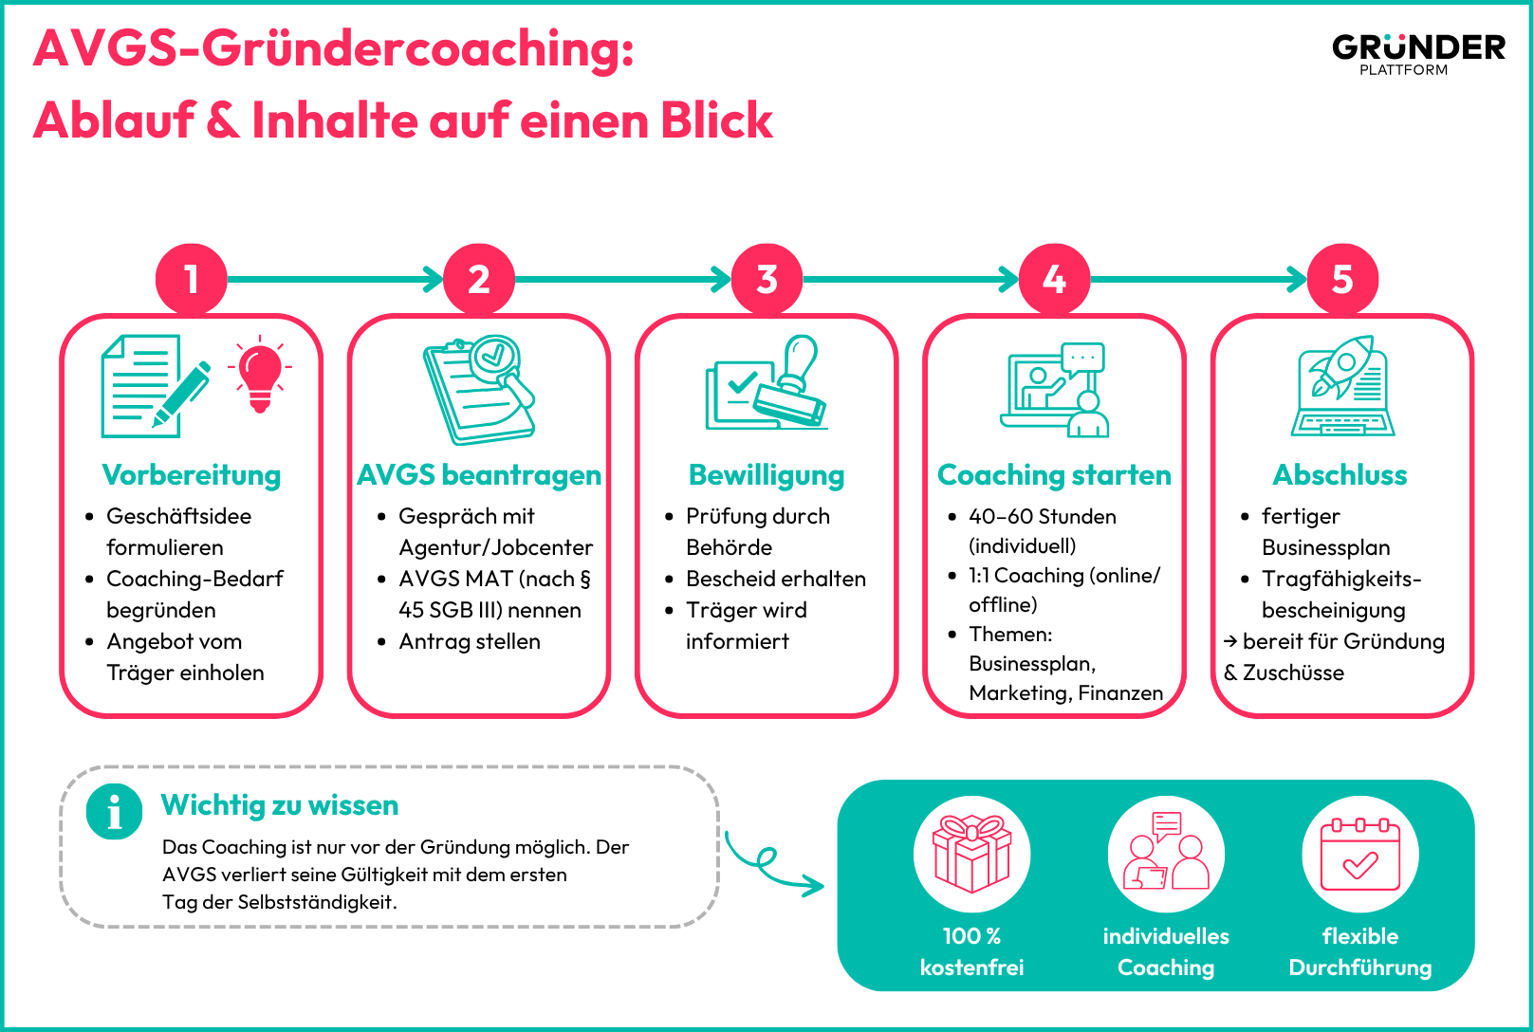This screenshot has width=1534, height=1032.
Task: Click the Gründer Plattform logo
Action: (1418, 54)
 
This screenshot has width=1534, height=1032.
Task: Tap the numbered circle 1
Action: (191, 279)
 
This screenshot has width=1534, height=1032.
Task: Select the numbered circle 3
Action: (767, 279)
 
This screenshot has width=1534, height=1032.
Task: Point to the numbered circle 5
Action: (1342, 279)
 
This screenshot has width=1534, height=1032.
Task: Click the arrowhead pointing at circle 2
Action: (434, 279)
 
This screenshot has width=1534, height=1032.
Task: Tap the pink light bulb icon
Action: (260, 374)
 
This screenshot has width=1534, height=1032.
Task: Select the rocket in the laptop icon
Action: (1342, 366)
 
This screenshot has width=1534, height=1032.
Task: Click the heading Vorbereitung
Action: (191, 474)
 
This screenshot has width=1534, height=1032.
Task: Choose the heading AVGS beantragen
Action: (479, 474)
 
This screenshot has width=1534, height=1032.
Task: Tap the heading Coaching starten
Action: (1054, 474)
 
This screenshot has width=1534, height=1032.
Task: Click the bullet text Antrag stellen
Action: (469, 641)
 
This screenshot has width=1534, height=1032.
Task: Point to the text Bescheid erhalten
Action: (775, 579)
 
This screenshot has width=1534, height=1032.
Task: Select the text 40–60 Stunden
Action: (1042, 516)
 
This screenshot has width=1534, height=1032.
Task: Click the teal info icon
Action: (115, 812)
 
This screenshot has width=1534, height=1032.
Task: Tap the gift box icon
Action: (971, 854)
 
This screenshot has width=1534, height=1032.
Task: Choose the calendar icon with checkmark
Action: (1360, 854)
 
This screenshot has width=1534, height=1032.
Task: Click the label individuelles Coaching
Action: (1166, 951)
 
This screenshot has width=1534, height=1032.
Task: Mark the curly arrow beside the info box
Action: (767, 864)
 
